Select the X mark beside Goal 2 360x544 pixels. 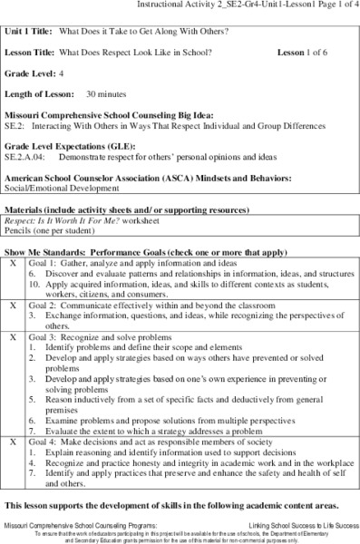[x=13, y=306]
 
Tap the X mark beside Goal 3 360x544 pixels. [x=13, y=335]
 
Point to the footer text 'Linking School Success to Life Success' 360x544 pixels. [x=293, y=525]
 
